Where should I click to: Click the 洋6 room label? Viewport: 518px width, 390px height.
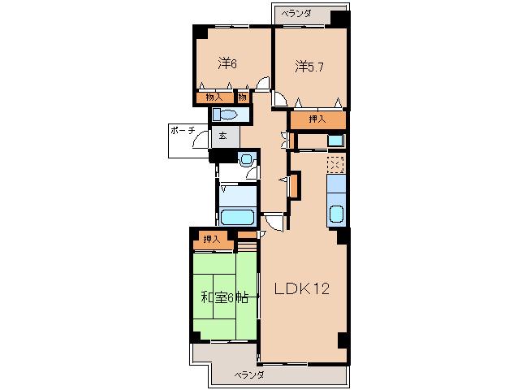click(x=227, y=63)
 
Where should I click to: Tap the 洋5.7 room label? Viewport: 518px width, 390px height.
click(x=309, y=67)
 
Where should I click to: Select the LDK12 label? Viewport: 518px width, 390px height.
click(x=302, y=289)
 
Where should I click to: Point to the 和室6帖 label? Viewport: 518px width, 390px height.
click(x=225, y=298)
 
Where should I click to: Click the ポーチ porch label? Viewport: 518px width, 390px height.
click(x=183, y=131)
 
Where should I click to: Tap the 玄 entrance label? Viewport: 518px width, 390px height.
click(x=223, y=136)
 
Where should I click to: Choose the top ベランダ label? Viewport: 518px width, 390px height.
click(x=296, y=14)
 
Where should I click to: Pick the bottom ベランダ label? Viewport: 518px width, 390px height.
click(x=249, y=375)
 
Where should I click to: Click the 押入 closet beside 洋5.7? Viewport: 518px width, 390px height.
click(x=317, y=119)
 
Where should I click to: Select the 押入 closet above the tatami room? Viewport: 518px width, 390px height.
click(x=212, y=239)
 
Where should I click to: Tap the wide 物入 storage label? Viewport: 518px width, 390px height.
click(x=214, y=97)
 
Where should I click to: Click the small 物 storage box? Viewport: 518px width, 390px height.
click(x=243, y=97)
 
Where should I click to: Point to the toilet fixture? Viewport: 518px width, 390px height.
click(x=225, y=115)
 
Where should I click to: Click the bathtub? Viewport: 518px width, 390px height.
click(x=238, y=217)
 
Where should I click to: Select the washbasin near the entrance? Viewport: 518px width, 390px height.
click(x=246, y=159)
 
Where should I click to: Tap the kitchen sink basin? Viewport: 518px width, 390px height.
click(x=337, y=214)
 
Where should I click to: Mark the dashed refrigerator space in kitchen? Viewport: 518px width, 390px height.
click(x=335, y=164)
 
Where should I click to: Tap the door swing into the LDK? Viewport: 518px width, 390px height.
click(x=274, y=223)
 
